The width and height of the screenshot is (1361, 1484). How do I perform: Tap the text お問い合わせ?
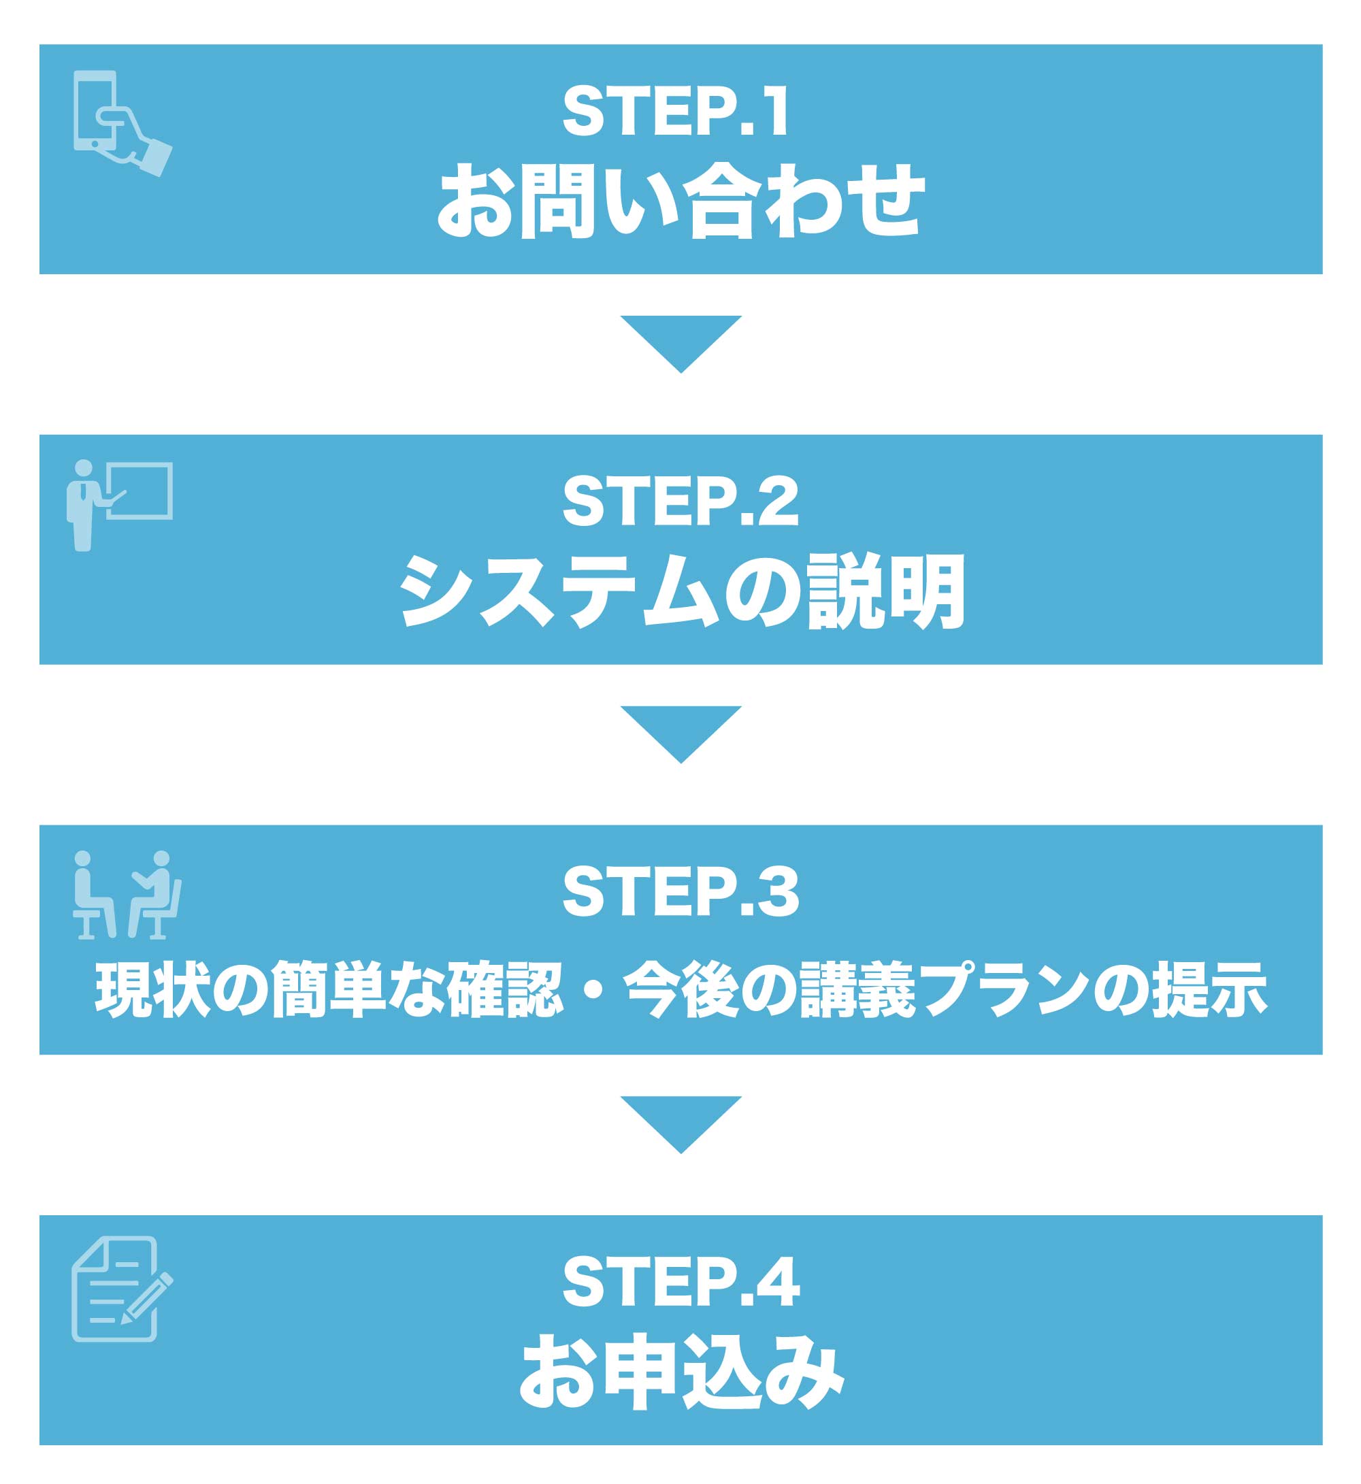pos(680,200)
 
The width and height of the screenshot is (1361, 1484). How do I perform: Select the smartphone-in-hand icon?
pos(122,122)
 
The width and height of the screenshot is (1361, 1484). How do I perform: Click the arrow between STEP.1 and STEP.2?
pos(680,340)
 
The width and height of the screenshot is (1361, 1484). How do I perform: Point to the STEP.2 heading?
pos(680,501)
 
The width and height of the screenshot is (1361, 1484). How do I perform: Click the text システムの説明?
pos(680,591)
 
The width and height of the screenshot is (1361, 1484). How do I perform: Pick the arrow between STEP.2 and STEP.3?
pos(680,731)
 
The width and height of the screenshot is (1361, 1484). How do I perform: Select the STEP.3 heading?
pos(680,891)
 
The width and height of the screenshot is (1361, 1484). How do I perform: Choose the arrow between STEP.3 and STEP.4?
pos(680,1121)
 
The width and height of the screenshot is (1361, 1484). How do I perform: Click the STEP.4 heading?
pos(680,1282)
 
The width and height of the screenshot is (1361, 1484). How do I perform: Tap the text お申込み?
pos(680,1371)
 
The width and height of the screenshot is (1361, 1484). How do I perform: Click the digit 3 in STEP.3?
pos(780,891)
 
